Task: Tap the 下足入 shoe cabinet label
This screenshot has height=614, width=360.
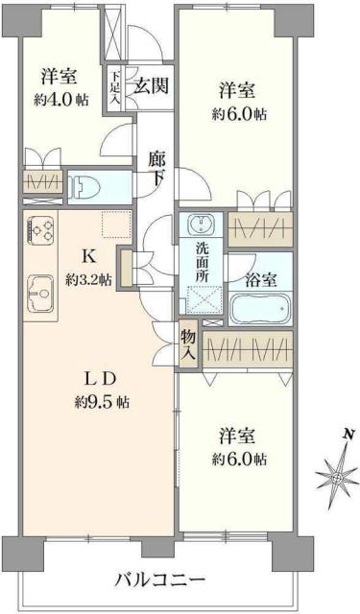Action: (x=115, y=86)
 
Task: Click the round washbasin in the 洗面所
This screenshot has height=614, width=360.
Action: (x=202, y=227)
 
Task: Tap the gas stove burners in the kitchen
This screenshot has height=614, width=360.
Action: (x=41, y=231)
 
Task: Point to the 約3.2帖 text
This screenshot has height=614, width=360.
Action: (x=88, y=279)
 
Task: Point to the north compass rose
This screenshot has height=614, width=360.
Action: (x=338, y=476)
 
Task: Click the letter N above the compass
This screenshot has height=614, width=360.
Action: (x=345, y=435)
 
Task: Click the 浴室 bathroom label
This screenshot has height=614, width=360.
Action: (x=261, y=280)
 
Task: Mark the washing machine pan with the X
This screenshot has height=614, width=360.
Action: (x=202, y=301)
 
